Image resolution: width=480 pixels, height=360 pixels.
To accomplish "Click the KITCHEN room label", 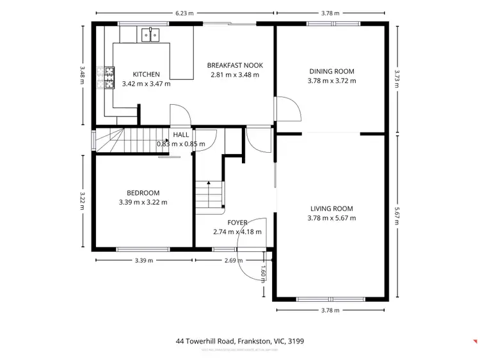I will [146, 74].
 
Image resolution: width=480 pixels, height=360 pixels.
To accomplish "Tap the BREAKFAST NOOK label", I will [235, 65].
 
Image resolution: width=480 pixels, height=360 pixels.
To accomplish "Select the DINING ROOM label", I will [332, 72].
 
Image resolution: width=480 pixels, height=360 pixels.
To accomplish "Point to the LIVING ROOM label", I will [332, 208].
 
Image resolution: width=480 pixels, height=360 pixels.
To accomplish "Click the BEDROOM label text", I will [143, 192].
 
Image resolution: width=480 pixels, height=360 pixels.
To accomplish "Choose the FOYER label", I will [237, 223].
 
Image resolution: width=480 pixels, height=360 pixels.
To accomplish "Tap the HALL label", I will [181, 135].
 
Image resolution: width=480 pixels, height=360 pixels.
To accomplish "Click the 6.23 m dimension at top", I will [185, 12].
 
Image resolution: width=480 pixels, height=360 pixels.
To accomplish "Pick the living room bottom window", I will [331, 299].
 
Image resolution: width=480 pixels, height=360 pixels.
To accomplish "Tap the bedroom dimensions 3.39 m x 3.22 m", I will [143, 202].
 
